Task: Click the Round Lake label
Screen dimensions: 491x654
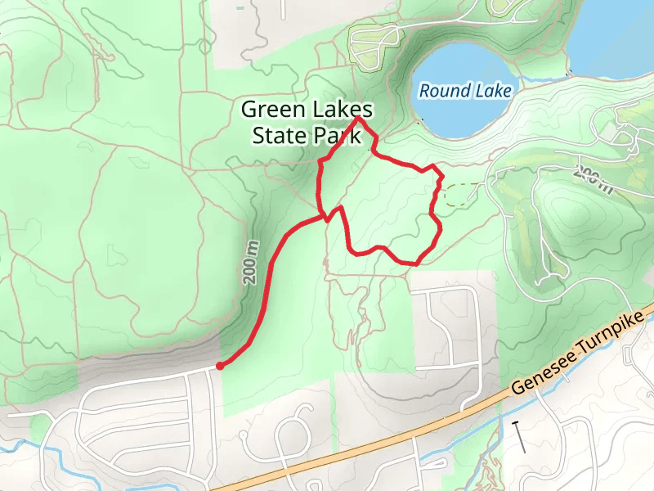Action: (x=465, y=91)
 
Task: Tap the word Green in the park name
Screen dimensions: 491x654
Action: (x=271, y=110)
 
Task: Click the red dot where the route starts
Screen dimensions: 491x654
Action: (x=220, y=366)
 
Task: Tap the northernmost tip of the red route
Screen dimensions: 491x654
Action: (x=358, y=119)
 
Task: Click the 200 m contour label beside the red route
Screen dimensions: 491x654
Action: (x=253, y=263)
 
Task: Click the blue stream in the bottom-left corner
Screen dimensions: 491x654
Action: (x=25, y=438)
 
